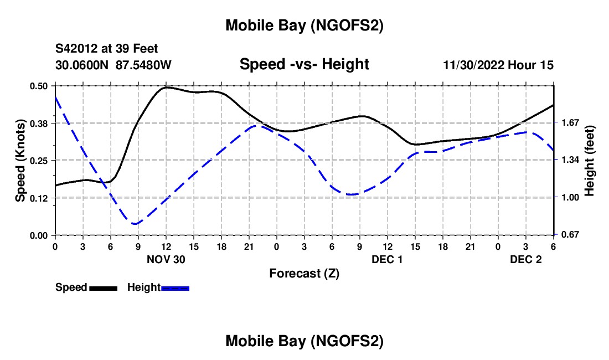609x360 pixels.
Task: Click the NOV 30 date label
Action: pyautogui.click(x=166, y=259)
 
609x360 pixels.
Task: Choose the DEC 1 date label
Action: pyautogui.click(x=387, y=259)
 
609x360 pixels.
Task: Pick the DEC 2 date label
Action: pyautogui.click(x=525, y=259)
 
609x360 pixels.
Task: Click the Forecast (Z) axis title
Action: pyautogui.click(x=304, y=273)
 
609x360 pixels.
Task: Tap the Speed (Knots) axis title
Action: pyautogui.click(x=20, y=161)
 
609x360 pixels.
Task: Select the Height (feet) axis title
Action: pyautogui.click(x=589, y=161)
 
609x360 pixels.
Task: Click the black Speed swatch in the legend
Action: pyautogui.click(x=103, y=287)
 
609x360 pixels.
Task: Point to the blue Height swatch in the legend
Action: pyautogui.click(x=176, y=287)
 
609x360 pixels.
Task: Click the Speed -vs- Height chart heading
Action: pyautogui.click(x=304, y=64)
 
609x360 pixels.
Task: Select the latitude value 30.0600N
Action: pyautogui.click(x=82, y=65)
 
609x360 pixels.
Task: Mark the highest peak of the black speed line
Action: pyautogui.click(x=166, y=87)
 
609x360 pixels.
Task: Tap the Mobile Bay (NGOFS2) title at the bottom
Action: pyautogui.click(x=304, y=342)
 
